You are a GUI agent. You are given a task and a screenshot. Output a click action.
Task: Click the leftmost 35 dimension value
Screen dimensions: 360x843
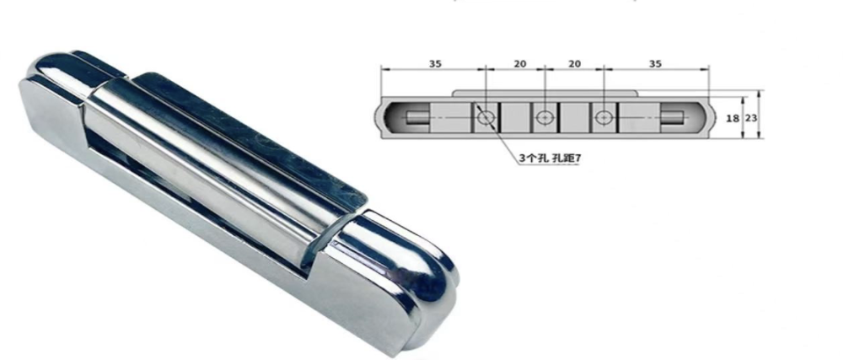[x=433, y=62]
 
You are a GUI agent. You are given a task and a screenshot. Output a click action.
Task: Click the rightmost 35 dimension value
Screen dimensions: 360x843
[x=653, y=62]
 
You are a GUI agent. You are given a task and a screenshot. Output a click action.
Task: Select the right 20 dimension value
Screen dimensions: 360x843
[x=573, y=62]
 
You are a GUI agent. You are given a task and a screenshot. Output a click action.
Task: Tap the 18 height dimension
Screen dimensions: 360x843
[x=732, y=119]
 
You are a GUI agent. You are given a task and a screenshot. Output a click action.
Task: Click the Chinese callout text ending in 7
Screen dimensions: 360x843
[x=549, y=159]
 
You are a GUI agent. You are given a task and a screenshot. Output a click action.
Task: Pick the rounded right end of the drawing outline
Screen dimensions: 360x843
[x=706, y=119]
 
